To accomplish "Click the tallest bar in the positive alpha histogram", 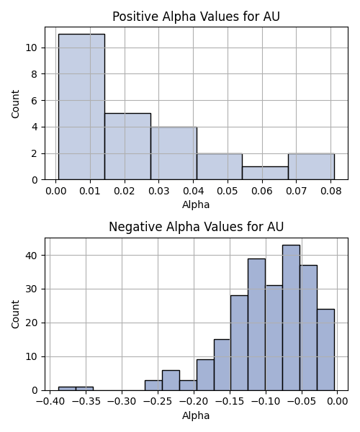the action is point(81,107).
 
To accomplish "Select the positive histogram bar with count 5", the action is point(128,147).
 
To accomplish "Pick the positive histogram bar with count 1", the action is point(266,173).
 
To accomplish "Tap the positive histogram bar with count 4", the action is point(174,153).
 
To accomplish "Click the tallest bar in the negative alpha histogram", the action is point(291,318).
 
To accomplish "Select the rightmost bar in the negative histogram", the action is point(326,350).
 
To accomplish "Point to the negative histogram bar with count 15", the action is point(222,365).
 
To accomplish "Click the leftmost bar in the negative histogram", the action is point(67,389).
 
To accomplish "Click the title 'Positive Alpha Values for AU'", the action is point(196,17).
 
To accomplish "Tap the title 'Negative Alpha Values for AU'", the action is point(196,227).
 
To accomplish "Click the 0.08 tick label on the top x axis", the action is point(330,191).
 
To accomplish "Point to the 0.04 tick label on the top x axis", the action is point(194,191).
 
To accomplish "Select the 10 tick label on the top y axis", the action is point(32,48).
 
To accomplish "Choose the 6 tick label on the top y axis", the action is point(34,101).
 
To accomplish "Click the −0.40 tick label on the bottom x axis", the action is point(50,402).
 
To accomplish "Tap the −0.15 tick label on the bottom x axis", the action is point(230,402).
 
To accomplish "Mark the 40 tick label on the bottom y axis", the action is point(32,256).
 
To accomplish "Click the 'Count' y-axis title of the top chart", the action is point(15,104).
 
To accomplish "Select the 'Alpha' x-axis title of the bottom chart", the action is point(196,415).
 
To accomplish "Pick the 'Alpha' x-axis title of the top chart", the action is point(196,204).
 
